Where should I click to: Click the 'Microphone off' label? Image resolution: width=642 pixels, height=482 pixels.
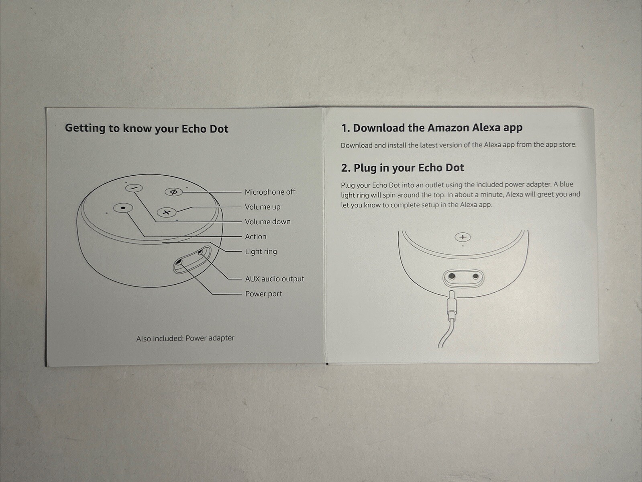(270, 192)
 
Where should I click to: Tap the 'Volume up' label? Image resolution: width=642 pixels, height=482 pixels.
(263, 207)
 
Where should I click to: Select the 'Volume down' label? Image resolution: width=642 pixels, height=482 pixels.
(268, 222)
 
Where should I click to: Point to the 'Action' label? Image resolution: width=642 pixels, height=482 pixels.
(256, 237)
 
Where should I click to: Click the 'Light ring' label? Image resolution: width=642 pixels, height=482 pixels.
(261, 252)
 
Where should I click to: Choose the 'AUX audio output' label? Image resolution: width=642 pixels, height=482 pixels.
(275, 279)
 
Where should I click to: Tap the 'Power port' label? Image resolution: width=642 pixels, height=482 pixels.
(263, 294)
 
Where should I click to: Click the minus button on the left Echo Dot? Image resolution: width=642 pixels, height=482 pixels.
(134, 188)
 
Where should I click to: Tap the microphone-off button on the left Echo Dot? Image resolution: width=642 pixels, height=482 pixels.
(174, 192)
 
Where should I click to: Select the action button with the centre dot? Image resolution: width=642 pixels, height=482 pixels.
(123, 208)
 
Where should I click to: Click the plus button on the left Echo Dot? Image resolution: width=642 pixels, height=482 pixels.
(166, 212)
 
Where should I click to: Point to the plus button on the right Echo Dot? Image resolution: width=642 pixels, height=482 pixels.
(463, 237)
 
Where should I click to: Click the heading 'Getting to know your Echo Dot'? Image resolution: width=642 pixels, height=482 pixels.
(147, 129)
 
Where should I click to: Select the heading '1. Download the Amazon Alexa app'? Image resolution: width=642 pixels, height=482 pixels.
(432, 128)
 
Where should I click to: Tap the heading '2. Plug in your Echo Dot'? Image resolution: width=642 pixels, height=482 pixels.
(402, 168)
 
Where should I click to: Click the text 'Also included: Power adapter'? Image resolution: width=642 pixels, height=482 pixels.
(185, 338)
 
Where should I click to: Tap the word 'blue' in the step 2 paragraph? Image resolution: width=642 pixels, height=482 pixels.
(566, 184)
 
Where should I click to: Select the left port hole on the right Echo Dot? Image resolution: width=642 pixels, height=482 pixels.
(452, 276)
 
